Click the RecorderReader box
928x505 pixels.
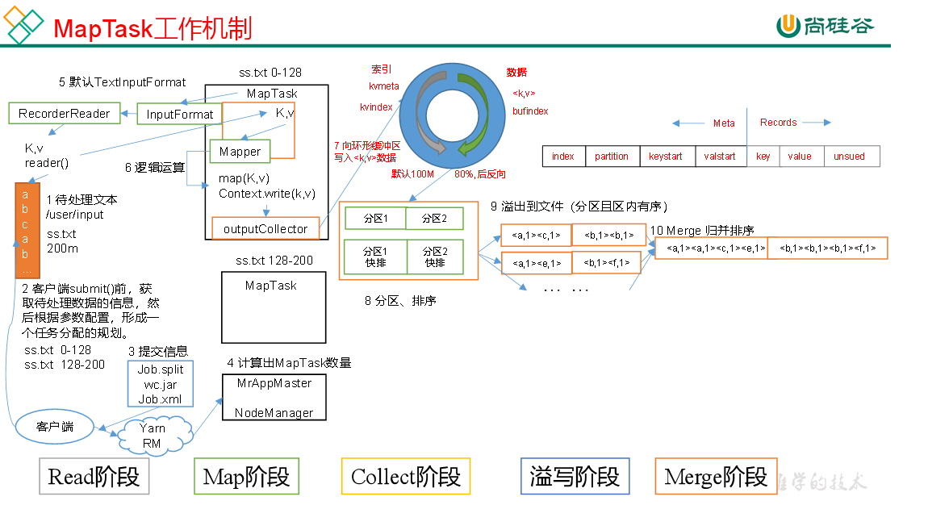pos(64,113)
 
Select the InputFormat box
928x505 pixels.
pos(180,114)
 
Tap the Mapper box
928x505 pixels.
pos(240,151)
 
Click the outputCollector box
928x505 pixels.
pos(265,228)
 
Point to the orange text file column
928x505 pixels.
pos(27,229)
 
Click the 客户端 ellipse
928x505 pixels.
pos(55,425)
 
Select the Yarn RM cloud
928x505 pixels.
pos(153,436)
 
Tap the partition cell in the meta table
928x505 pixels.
pos(611,156)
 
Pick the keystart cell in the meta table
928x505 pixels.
pos(666,156)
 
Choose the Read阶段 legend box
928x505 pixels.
pos(94,477)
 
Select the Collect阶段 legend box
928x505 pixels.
pos(406,477)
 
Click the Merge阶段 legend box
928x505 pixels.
pos(716,477)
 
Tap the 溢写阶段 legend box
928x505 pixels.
pos(575,477)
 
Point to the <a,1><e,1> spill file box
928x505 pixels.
pos(536,263)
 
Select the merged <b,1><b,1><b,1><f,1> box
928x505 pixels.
pos(827,248)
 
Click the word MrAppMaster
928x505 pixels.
pos(274,383)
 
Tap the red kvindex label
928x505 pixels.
pos(376,106)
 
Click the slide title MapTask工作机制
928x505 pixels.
pos(153,29)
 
